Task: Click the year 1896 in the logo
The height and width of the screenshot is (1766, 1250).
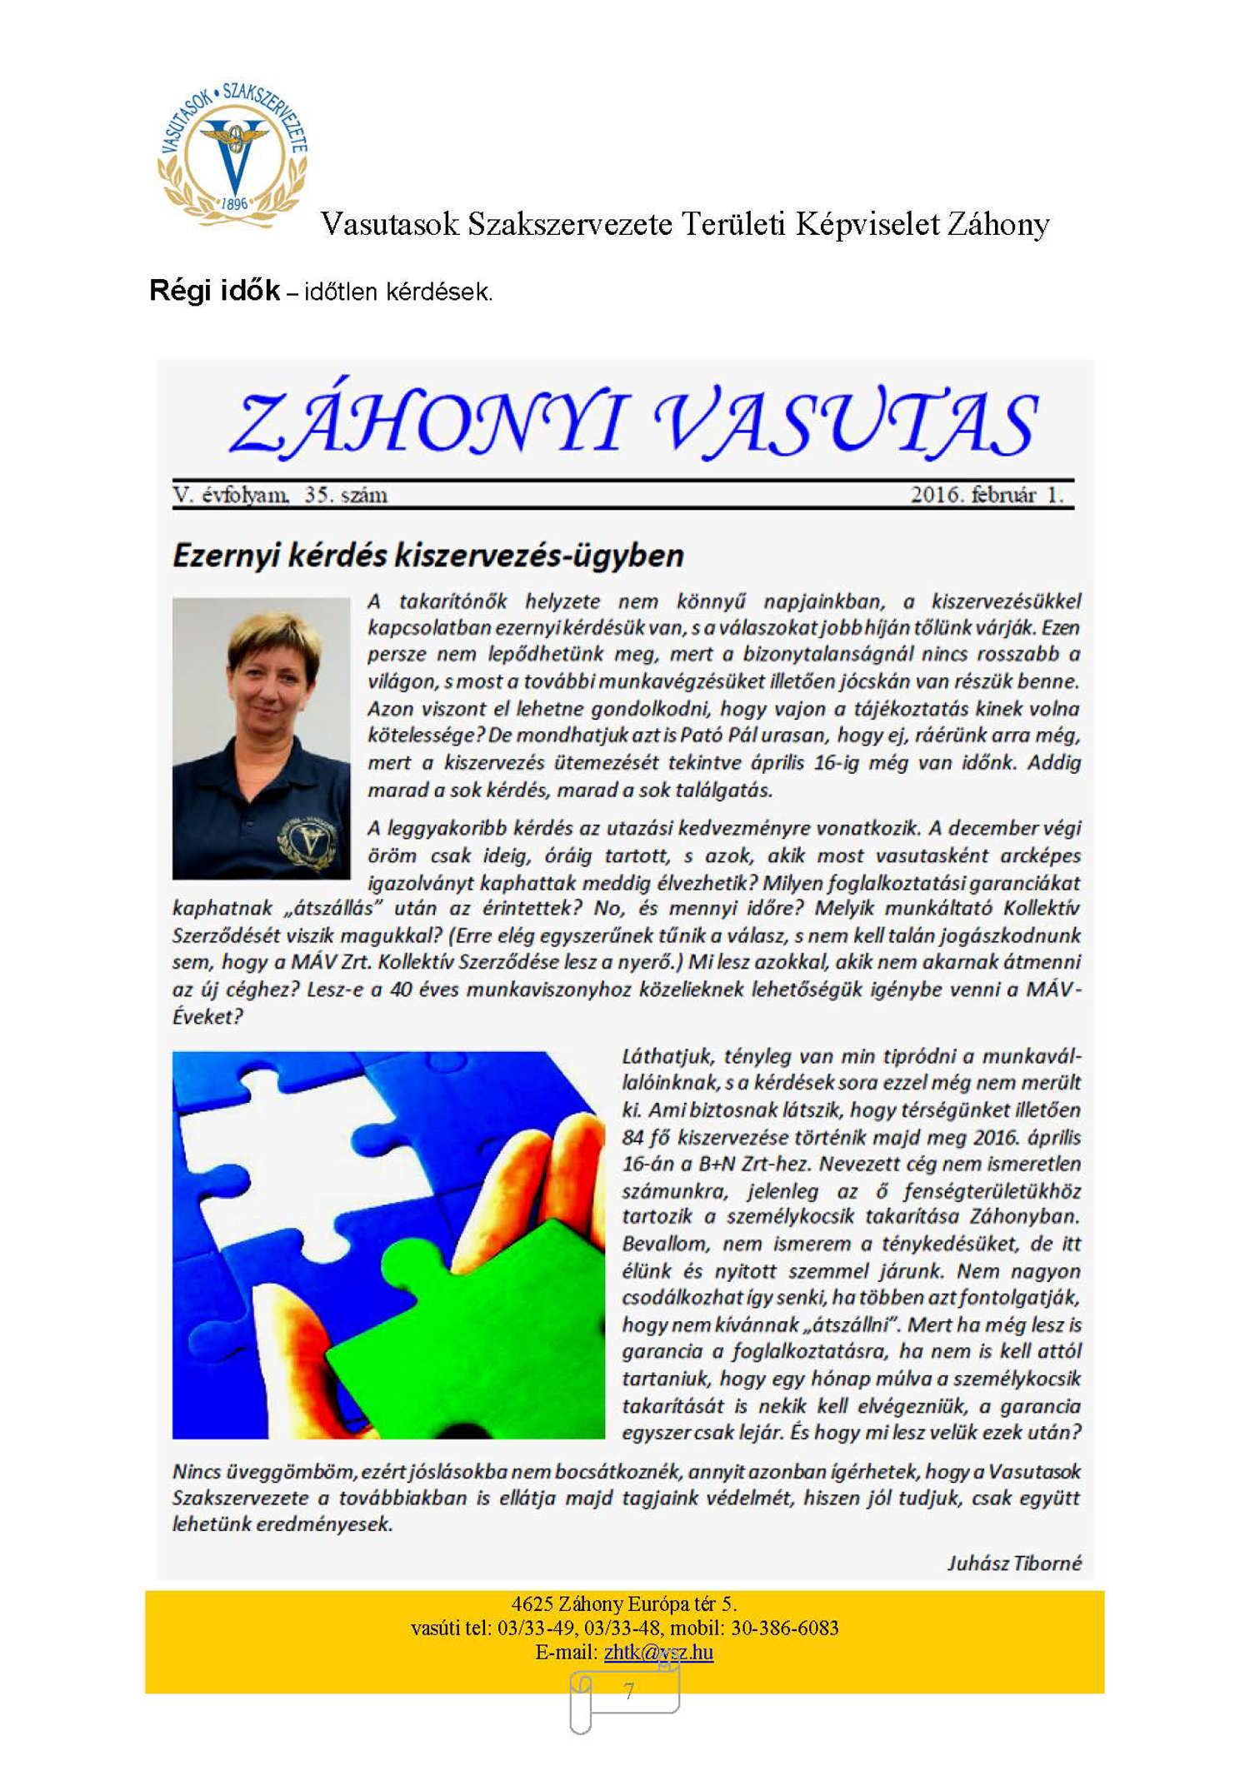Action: [x=235, y=203]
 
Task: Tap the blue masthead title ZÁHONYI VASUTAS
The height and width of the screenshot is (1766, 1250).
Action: [x=633, y=423]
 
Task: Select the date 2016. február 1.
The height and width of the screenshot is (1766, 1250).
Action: [x=987, y=495]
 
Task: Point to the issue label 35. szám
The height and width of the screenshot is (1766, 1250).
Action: [x=346, y=496]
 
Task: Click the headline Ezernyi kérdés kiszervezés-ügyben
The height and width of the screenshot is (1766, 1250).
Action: [x=427, y=556]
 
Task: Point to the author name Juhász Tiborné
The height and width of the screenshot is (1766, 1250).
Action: [x=1014, y=1564]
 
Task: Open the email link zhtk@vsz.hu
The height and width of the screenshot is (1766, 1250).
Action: [x=658, y=1652]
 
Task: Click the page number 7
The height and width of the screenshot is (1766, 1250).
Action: [x=629, y=1692]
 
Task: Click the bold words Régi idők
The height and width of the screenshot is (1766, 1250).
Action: [x=214, y=291]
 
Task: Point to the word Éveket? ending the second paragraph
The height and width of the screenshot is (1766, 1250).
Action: [x=207, y=1017]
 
